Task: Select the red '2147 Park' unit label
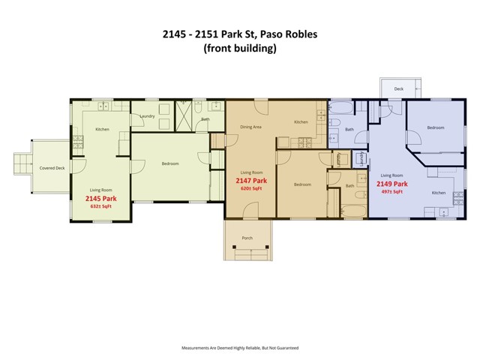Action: [x=251, y=181]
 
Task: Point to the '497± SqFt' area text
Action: [x=392, y=191]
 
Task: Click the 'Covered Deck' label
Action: [x=52, y=168]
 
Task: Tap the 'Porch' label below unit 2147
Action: [x=247, y=238]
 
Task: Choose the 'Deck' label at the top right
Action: [x=398, y=89]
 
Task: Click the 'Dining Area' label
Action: [x=250, y=127]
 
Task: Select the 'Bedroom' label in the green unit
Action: [x=170, y=163]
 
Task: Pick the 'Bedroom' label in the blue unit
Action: [x=436, y=127]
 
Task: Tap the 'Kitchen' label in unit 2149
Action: [x=439, y=193]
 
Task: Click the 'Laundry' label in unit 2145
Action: [x=148, y=116]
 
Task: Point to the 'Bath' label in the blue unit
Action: [x=349, y=129]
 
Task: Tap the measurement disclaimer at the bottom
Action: [x=240, y=348]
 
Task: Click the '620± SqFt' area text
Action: [x=251, y=189]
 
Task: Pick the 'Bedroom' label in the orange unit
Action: [x=302, y=184]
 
